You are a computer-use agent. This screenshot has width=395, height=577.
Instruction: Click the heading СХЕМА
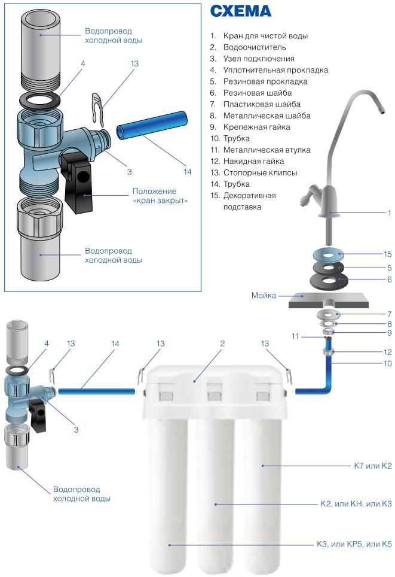pyautogui.click(x=241, y=11)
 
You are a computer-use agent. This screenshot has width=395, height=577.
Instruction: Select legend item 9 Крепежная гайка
pyautogui.click(x=250, y=127)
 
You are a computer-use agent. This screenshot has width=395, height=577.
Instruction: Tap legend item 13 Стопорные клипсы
pyautogui.click(x=253, y=173)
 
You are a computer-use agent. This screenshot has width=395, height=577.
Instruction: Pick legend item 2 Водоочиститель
pyautogui.click(x=248, y=47)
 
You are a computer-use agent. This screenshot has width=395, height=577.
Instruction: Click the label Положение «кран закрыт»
pyautogui.click(x=160, y=196)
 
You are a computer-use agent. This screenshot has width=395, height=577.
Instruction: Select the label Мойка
pyautogui.click(x=264, y=296)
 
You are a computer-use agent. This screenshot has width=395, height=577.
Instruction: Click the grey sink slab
pyautogui.click(x=328, y=300)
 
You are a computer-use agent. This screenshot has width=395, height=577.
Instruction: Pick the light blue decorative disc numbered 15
pyautogui.click(x=329, y=254)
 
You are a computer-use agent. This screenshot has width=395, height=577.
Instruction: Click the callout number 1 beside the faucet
pyautogui.click(x=390, y=213)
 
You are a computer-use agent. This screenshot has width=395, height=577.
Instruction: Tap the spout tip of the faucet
pyautogui.click(x=383, y=109)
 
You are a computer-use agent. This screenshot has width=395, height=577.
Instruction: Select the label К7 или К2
pyautogui.click(x=372, y=466)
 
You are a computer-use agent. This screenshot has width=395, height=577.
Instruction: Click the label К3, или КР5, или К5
pyautogui.click(x=354, y=544)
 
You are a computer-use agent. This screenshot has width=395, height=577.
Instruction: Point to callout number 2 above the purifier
pyautogui.click(x=222, y=344)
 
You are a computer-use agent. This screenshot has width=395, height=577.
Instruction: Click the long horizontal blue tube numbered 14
pyautogui.click(x=97, y=391)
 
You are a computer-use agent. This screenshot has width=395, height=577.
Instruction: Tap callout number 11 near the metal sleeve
pyautogui.click(x=296, y=336)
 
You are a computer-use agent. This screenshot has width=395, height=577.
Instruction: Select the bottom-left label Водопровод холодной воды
pyautogui.click(x=82, y=494)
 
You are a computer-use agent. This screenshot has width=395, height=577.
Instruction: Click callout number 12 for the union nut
pyautogui.click(x=388, y=352)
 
